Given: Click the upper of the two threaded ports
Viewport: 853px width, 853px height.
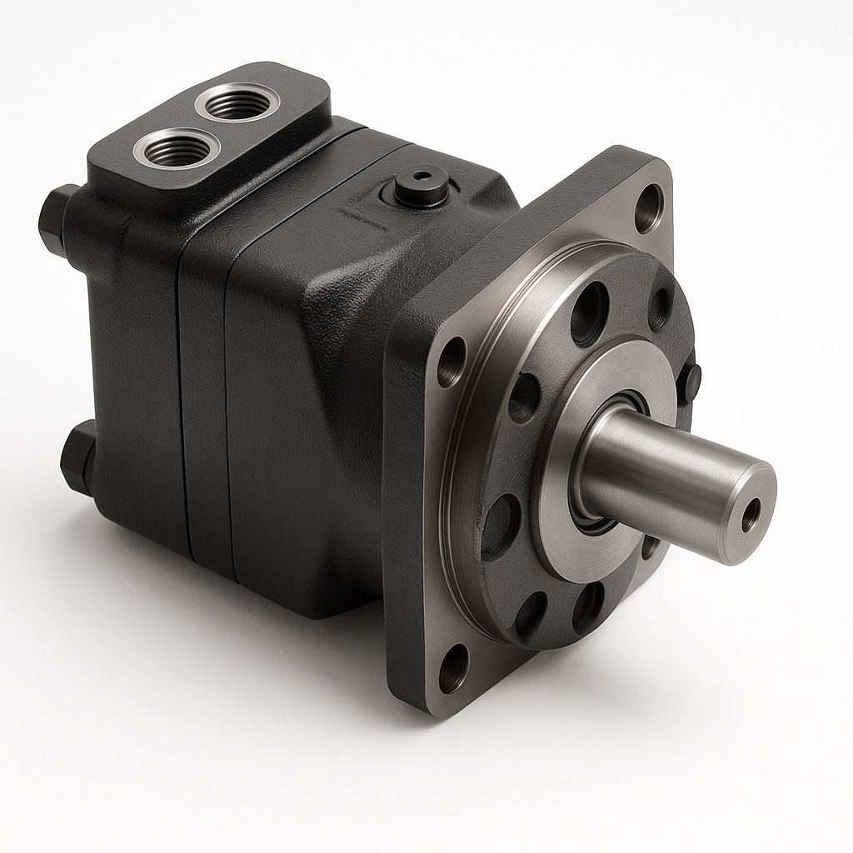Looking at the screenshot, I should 236,103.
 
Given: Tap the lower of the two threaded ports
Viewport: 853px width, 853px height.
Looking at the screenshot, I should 177,150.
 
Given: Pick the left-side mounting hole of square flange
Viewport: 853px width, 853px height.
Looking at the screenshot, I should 451,361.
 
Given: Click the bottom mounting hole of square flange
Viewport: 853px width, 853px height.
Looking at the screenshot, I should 452,668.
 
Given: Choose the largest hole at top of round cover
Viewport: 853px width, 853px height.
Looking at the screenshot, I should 589,312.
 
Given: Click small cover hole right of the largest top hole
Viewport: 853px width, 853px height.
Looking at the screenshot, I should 658,308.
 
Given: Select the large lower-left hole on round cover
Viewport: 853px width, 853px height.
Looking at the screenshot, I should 498,526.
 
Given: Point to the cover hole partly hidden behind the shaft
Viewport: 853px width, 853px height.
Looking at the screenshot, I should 650,546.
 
